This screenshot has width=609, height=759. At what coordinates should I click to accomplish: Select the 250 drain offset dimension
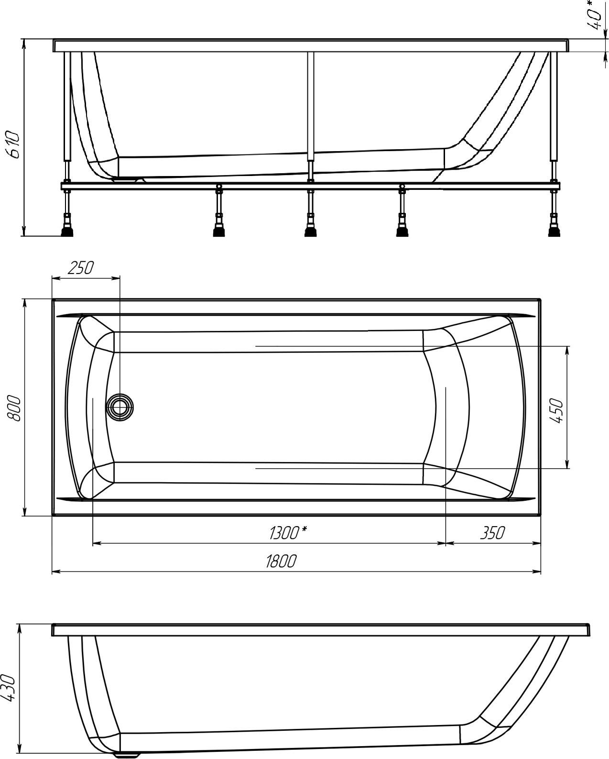pos(81,268)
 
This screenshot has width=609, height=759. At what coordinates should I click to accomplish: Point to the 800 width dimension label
pos(14,408)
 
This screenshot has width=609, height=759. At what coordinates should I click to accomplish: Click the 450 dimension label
pos(557,410)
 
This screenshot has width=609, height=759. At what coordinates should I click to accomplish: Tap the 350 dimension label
pos(493,533)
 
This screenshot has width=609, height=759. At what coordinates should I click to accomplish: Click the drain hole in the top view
pos(120,407)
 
